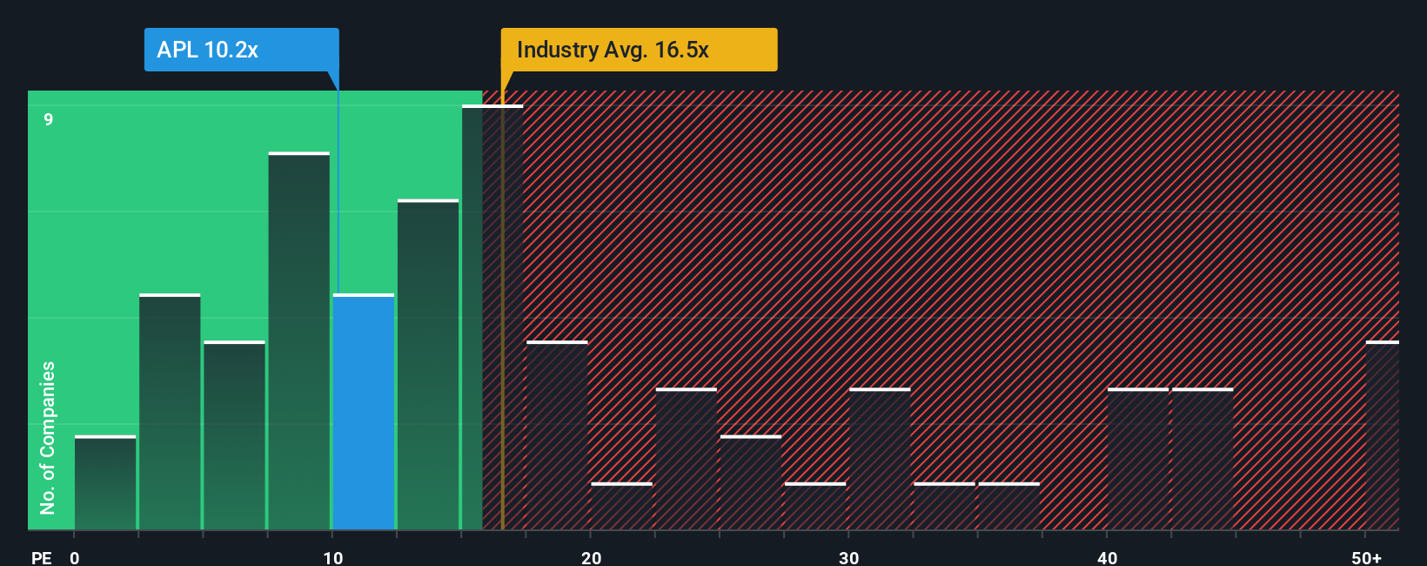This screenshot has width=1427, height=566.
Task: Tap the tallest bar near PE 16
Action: coord(492,318)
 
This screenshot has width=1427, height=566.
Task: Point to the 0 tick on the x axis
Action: coord(75,557)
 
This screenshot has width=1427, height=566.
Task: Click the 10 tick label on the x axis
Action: coord(333,557)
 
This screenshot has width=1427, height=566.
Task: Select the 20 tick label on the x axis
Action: coord(592,557)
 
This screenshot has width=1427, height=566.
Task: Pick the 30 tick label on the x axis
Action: coord(849,557)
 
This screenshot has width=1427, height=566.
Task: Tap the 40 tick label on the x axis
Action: coord(1107,557)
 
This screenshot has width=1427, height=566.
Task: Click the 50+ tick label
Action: coord(1366,557)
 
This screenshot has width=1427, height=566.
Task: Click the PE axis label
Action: coord(42,557)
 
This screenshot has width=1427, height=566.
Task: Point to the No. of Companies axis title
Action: coord(48,437)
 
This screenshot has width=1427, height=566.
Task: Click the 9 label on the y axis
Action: coord(49,119)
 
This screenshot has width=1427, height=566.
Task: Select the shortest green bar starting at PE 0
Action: coord(105,482)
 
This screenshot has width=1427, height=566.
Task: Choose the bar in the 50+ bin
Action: coord(1382,435)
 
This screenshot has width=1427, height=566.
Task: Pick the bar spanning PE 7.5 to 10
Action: coord(299,341)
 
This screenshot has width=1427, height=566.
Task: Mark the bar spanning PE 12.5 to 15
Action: coord(428,365)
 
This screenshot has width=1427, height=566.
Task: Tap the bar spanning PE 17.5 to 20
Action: coord(557,435)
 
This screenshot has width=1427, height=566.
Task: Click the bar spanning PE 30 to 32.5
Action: coord(880,459)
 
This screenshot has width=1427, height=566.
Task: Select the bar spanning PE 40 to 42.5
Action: coord(1138,459)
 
